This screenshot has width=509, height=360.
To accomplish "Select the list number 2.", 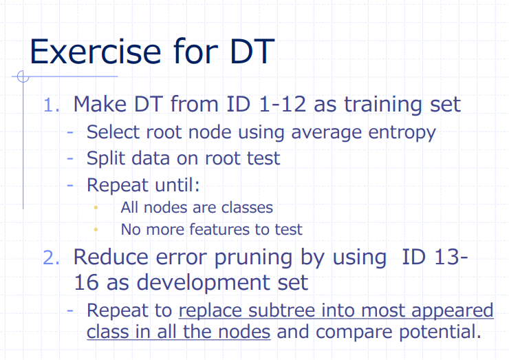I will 52,257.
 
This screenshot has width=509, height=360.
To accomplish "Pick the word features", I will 223,229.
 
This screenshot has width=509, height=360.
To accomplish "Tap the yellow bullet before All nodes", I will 97,207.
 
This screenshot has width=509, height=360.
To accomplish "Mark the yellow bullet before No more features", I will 97,229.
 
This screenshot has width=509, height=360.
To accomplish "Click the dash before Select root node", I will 71,132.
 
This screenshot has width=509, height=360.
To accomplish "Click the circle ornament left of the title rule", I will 22,76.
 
